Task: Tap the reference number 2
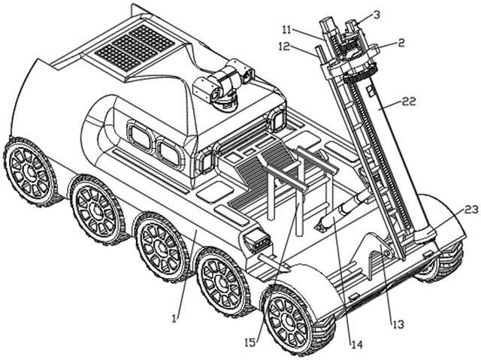[401, 44]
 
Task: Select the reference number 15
[252, 343]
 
